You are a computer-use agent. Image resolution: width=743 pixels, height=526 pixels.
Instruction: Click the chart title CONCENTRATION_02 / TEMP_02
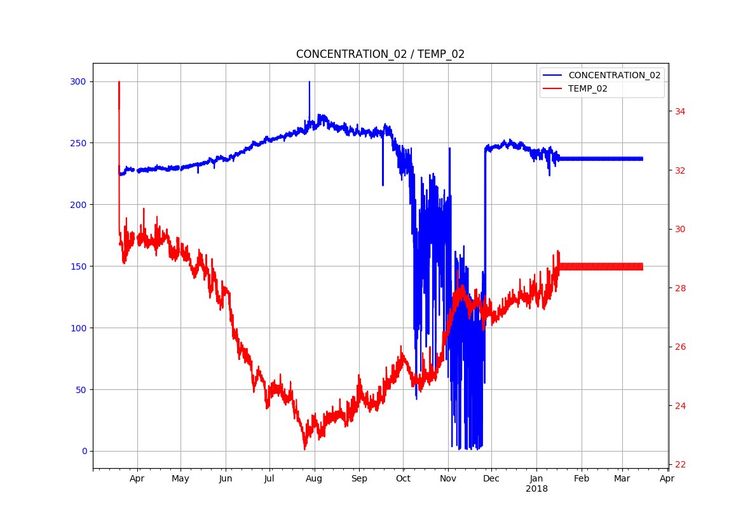pos(380,54)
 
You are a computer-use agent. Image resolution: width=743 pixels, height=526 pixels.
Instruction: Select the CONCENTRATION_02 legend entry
pos(614,75)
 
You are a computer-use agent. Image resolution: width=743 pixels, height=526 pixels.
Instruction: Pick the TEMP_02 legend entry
pos(587,89)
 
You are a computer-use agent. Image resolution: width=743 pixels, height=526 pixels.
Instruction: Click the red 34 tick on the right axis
pos(680,111)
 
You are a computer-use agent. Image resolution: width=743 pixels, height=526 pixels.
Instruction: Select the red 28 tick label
pos(680,288)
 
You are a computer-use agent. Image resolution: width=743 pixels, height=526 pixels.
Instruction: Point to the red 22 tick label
pos(680,465)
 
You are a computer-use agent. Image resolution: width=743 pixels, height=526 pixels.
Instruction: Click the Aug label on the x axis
pos(314,479)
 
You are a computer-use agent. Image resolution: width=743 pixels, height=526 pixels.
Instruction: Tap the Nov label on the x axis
pos(448,479)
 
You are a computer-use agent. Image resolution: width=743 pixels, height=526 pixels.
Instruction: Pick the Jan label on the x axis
pos(536,479)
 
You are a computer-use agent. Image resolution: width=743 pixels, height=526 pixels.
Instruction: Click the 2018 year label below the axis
pos(536,489)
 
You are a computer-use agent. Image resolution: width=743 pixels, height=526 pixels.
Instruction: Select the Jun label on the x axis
pos(226,479)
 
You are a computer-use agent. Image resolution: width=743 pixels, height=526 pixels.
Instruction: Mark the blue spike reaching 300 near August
pos(310,83)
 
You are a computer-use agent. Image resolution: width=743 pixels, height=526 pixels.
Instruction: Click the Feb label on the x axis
pos(582,479)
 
